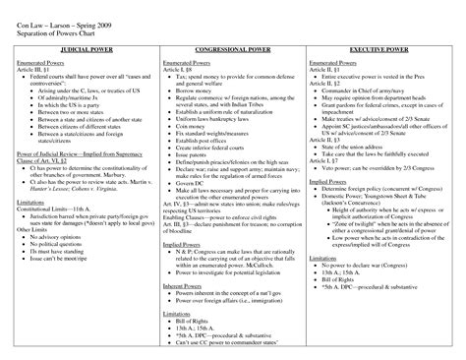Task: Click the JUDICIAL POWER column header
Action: tap(83, 47)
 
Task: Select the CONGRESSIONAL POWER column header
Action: tap(233, 47)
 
